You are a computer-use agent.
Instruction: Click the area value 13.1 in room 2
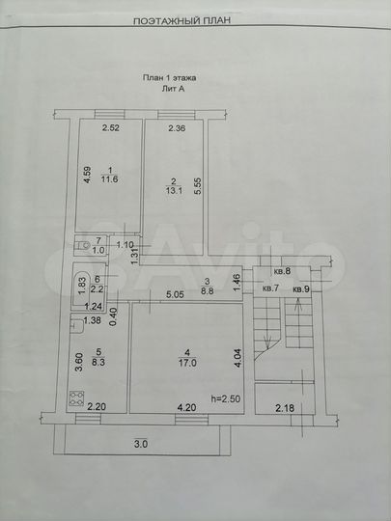[173, 190]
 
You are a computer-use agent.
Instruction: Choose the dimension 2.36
[177, 128]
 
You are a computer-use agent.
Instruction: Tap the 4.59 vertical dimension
[86, 176]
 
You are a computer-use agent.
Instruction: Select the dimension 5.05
[175, 294]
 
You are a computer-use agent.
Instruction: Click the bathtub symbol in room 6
[82, 287]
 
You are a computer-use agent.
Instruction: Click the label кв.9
[301, 288]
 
